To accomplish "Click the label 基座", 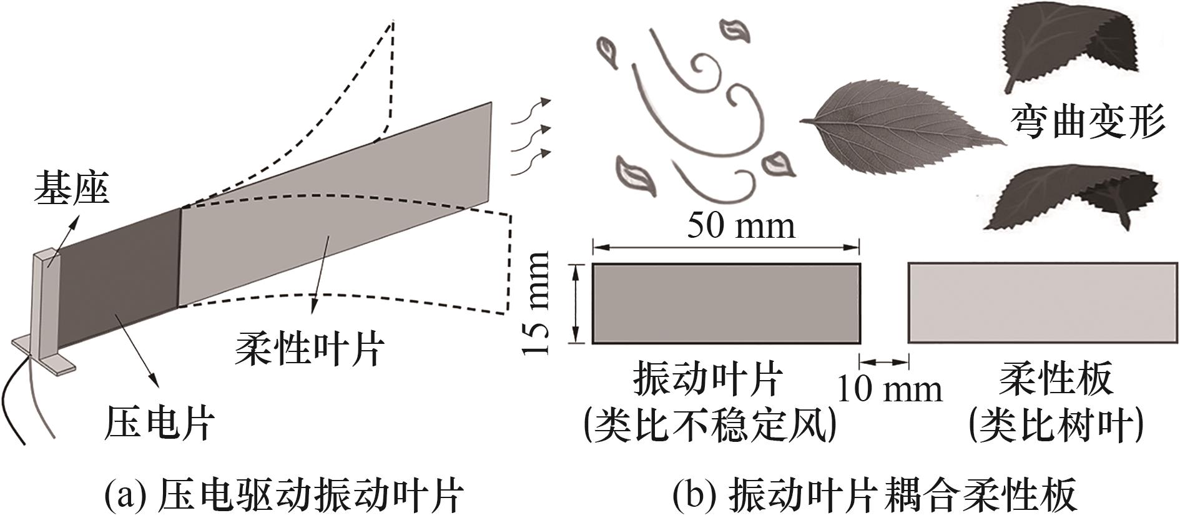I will point(72,188).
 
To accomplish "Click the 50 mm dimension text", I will point(741,225).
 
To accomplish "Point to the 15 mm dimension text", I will point(536,303).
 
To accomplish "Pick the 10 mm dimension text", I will point(888,389).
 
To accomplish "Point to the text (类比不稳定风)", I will point(709,426).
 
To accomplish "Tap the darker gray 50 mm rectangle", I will point(726,303).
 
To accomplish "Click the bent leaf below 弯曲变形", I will point(1068,200).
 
